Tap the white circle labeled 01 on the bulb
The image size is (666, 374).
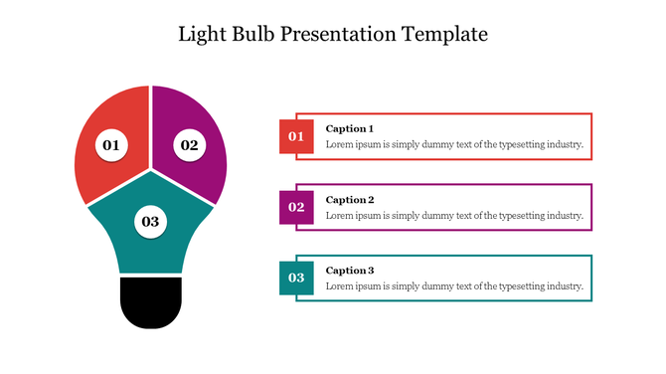[x=110, y=145]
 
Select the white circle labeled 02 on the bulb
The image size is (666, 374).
[x=188, y=145]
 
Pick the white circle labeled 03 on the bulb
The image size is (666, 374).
[x=150, y=221]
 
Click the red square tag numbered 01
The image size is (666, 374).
[x=296, y=136]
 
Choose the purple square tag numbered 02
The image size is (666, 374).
[x=296, y=207]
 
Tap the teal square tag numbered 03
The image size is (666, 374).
[x=296, y=278]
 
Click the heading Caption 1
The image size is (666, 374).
[x=350, y=128]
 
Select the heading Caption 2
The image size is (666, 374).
[x=350, y=199]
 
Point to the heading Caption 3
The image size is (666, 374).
[x=350, y=270]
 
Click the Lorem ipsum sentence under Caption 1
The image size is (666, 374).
[x=454, y=144]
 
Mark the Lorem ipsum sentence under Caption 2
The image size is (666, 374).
[x=454, y=215]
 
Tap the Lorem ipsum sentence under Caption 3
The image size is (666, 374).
[x=454, y=285]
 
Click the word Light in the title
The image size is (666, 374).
[x=200, y=34]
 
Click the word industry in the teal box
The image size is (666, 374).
[x=562, y=285]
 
